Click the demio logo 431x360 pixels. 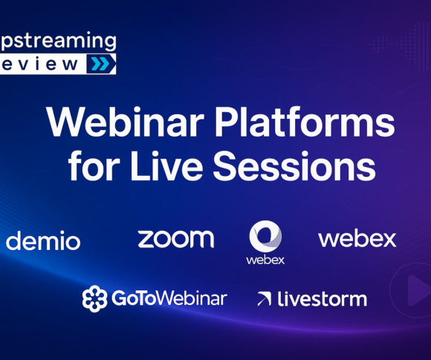coord(43,240)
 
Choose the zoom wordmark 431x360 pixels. coord(175,238)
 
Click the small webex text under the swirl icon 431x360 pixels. coord(265,261)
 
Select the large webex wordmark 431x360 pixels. coord(357,239)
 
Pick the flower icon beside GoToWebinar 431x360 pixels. coord(94,298)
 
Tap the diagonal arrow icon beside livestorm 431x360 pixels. coord(264,300)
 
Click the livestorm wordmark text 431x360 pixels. coord(322,299)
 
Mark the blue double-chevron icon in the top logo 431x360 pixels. coord(100,64)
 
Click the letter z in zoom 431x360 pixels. coord(146,239)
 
